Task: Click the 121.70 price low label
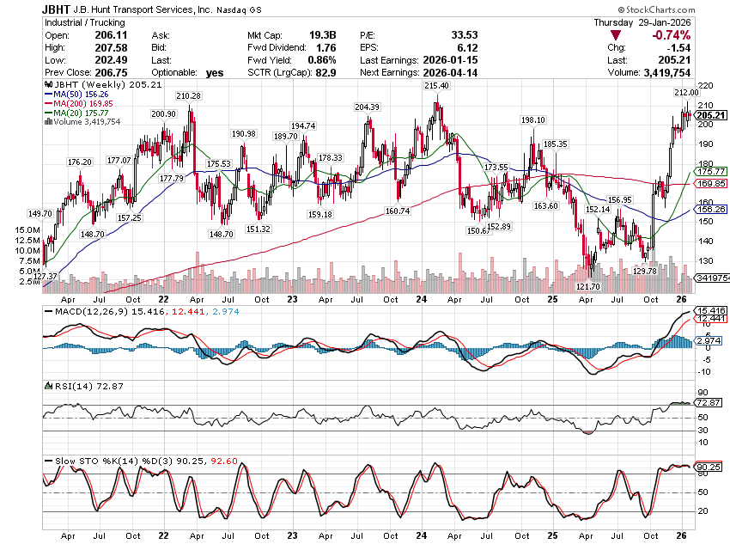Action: [x=587, y=285]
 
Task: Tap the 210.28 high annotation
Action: [x=189, y=95]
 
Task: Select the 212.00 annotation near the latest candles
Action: [x=685, y=92]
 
